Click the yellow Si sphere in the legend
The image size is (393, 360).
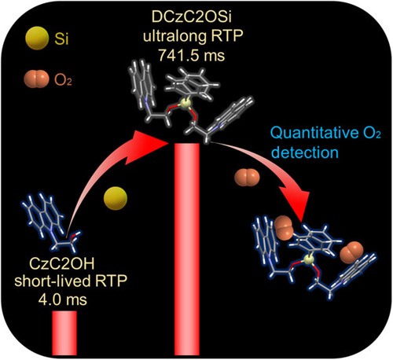(x=37, y=39)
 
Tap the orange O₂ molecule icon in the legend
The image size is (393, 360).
(x=36, y=79)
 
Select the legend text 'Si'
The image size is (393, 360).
(x=61, y=39)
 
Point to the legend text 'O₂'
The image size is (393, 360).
(x=63, y=79)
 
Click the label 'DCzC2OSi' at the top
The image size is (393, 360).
(x=192, y=17)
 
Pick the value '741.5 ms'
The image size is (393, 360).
(x=192, y=55)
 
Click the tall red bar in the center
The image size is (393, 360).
(x=187, y=249)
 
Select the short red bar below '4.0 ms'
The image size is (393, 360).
(x=64, y=332)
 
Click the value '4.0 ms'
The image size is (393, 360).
(x=63, y=299)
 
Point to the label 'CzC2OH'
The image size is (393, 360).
(x=62, y=264)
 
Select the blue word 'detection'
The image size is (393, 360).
(x=304, y=152)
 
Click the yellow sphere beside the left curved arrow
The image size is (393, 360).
(x=116, y=198)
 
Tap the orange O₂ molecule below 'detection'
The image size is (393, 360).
(x=247, y=178)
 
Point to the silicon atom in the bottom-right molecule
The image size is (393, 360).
(x=309, y=260)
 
